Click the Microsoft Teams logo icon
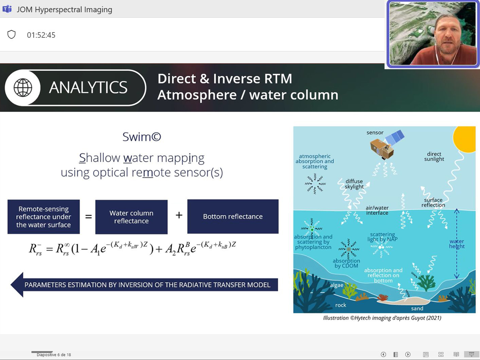[7, 9]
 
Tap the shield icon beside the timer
[11, 34]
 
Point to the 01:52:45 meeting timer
[41, 35]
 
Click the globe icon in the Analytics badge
[23, 87]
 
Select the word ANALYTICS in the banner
[88, 87]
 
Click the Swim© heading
[142, 137]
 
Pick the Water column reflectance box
[131, 217]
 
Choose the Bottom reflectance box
[233, 216]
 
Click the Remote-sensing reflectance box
[44, 216]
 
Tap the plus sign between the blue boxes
[179, 215]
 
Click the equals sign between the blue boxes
[88, 216]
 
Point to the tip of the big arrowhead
[11, 285]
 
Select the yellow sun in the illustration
[464, 139]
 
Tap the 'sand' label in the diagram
[417, 309]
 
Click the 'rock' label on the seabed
[341, 305]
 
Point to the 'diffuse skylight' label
[354, 184]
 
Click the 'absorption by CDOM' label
[346, 263]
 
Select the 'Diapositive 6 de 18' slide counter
[54, 355]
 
